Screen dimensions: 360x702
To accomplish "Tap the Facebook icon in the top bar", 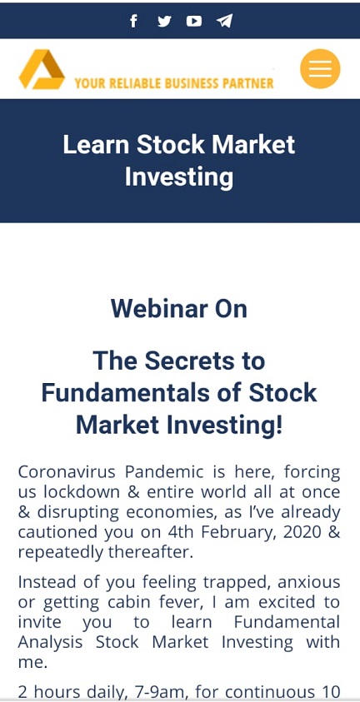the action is pyautogui.click(x=133, y=21).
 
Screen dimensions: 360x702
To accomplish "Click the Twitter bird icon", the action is pyautogui.click(x=164, y=21).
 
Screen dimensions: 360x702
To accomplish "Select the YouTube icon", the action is pyautogui.click(x=194, y=21).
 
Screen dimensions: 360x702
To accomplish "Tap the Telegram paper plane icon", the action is pyautogui.click(x=225, y=21).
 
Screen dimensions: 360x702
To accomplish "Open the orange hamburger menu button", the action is pyautogui.click(x=320, y=68).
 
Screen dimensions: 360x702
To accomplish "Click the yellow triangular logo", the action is pyautogui.click(x=42, y=69).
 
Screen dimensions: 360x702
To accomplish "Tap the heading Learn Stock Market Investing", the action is pyautogui.click(x=179, y=161).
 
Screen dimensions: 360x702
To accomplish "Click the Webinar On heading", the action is pyautogui.click(x=179, y=308).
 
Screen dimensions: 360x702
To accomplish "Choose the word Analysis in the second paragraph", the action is pyautogui.click(x=50, y=642).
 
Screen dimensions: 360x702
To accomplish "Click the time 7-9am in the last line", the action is pyautogui.click(x=157, y=693).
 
